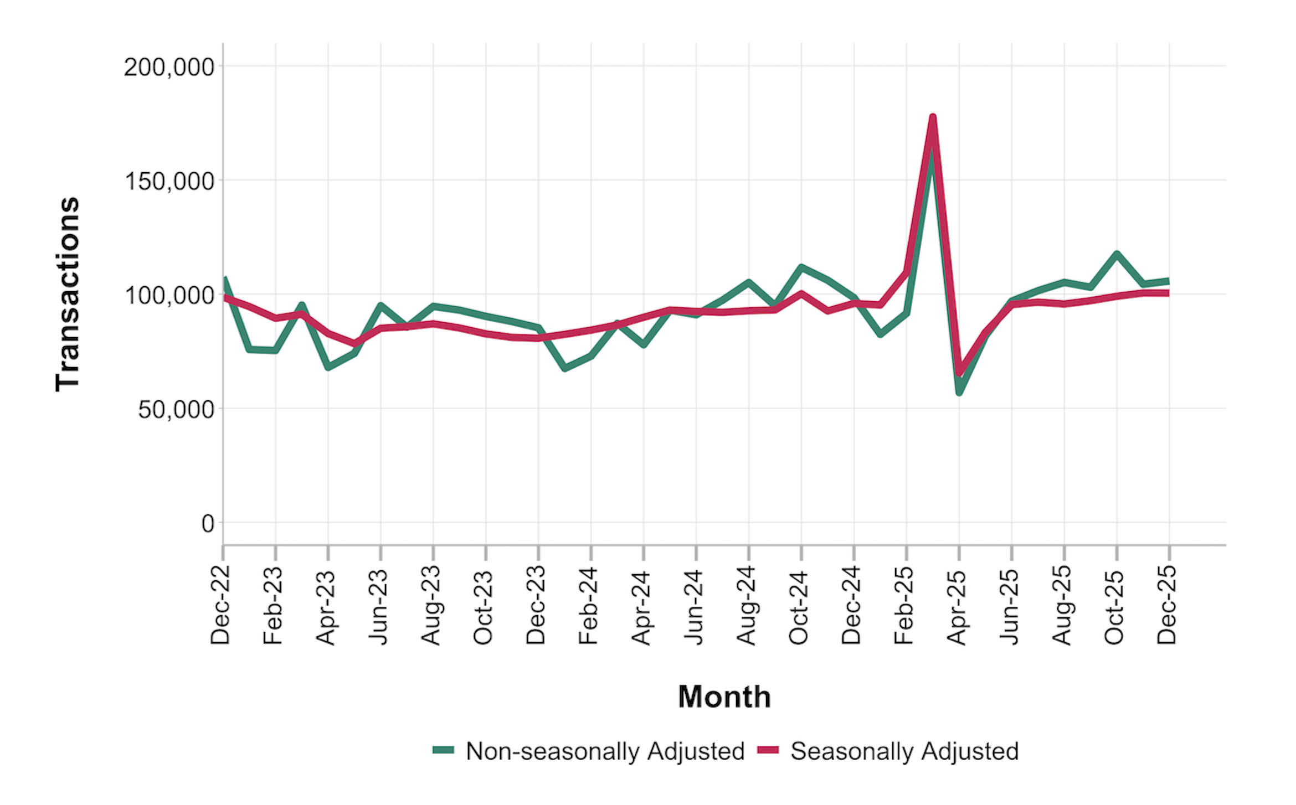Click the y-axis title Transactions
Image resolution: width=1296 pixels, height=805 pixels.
point(68,294)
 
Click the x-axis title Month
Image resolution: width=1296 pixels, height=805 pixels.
point(724,696)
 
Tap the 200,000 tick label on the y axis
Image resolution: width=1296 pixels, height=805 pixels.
point(169,68)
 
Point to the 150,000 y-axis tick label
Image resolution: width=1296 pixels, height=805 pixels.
point(169,182)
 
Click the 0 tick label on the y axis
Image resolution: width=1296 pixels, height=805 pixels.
point(208,524)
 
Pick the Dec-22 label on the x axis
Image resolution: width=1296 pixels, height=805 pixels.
point(220,605)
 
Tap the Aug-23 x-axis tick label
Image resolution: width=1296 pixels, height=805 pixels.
point(431,605)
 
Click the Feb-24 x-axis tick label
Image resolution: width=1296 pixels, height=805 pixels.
point(588,605)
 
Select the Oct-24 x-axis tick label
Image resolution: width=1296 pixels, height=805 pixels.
point(799,605)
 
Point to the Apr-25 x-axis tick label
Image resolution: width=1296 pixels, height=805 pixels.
point(956,605)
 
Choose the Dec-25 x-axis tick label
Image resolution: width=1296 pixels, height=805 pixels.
point(1167,605)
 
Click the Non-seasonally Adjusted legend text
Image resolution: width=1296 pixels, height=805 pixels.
point(605,751)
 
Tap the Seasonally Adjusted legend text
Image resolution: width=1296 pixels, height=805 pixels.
point(904,751)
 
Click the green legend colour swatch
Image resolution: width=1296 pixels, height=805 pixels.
point(443,750)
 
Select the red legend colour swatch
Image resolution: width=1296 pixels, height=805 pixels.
point(768,750)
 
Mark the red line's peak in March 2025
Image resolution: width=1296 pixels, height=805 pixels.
point(933,117)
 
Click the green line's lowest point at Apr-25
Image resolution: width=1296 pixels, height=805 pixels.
point(959,393)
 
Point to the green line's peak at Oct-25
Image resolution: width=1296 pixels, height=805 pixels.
point(1117,254)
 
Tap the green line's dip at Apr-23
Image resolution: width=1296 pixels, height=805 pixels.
point(328,367)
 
